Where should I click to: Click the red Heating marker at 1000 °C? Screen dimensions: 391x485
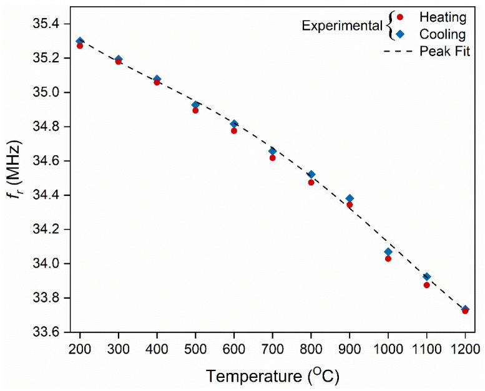click(388, 258)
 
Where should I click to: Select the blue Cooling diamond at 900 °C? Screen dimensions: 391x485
click(350, 198)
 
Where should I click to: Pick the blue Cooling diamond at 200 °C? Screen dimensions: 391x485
click(80, 41)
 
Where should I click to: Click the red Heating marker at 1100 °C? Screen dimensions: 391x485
click(427, 285)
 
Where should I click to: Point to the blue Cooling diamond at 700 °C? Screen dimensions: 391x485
click(273, 151)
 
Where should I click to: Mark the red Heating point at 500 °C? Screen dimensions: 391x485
click(195, 110)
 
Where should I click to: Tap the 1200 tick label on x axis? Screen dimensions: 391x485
click(465, 347)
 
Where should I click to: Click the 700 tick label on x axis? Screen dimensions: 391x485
click(273, 347)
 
